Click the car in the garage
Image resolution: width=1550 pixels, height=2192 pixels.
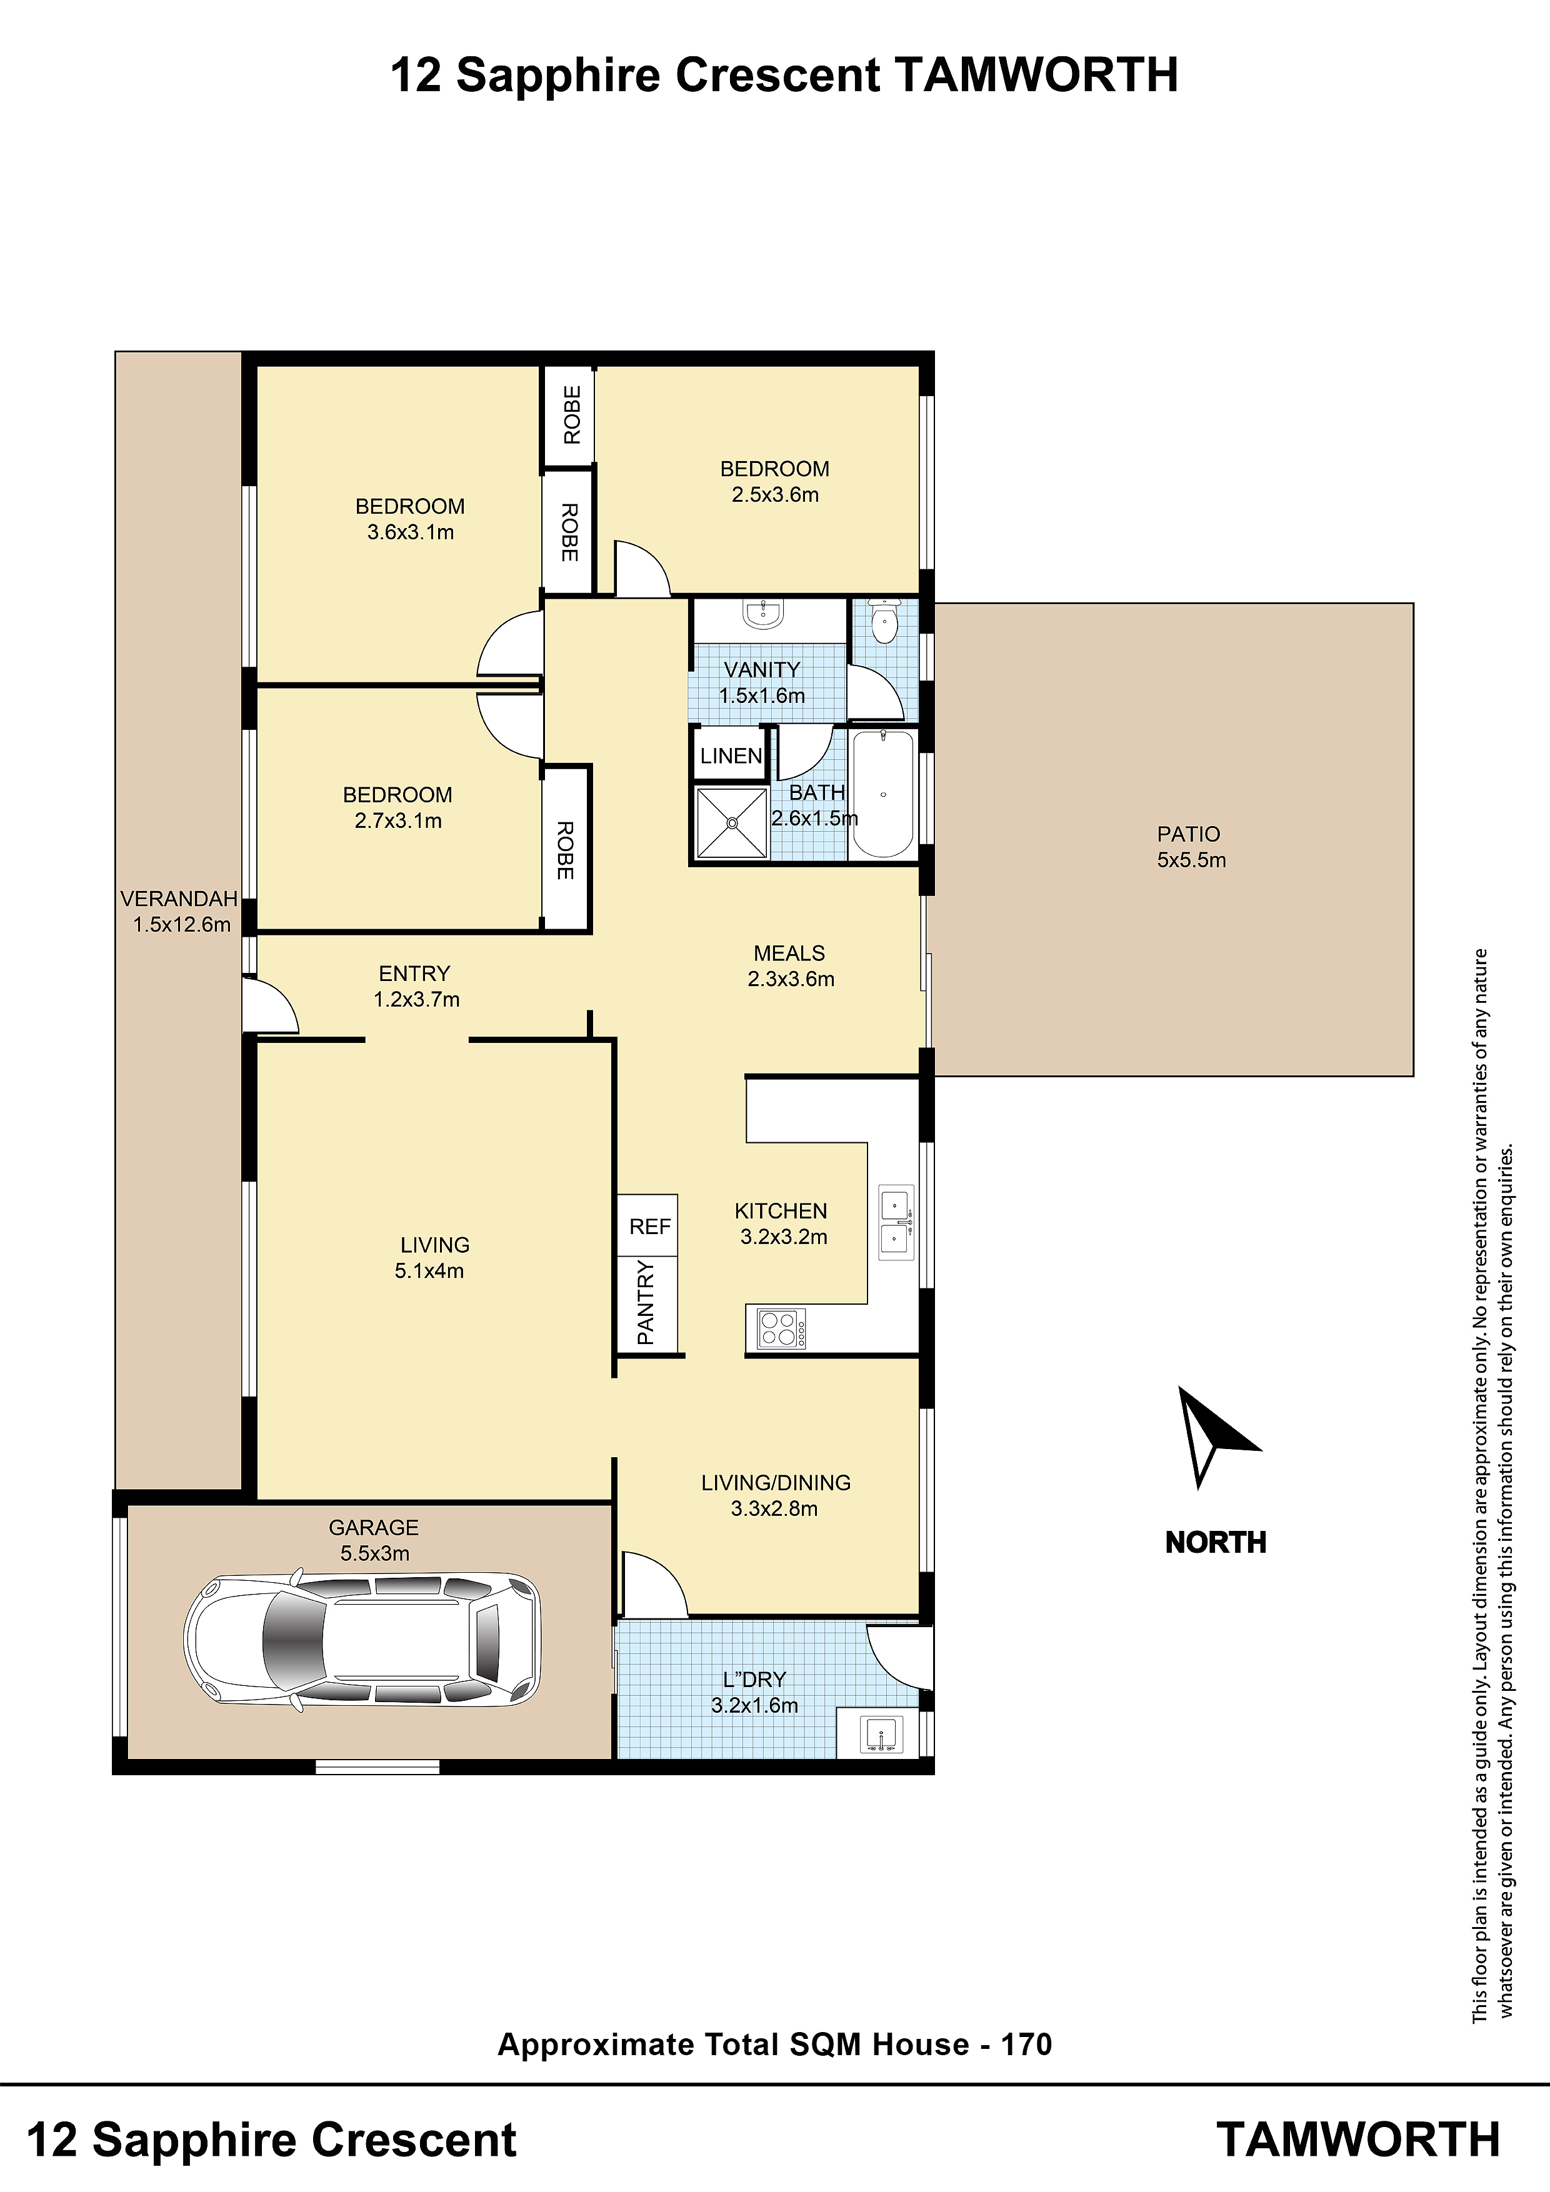point(362,1641)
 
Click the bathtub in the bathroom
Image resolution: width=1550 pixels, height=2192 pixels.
point(883,794)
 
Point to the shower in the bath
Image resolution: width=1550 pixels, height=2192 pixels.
point(732,823)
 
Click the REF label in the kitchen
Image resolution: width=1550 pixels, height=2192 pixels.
point(649,1226)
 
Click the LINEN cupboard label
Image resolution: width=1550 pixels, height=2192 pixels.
point(731,756)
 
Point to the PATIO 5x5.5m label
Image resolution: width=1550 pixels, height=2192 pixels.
point(1191,847)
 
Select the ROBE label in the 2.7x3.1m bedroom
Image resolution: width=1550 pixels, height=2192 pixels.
point(566,850)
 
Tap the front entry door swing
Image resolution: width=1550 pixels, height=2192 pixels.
point(270,1004)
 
